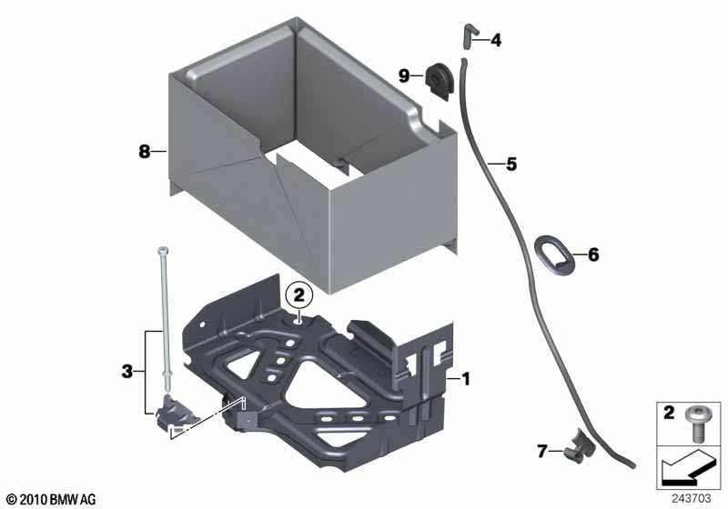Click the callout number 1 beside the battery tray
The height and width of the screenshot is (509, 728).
pyautogui.click(x=466, y=379)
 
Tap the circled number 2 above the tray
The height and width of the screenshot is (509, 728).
pyautogui.click(x=298, y=294)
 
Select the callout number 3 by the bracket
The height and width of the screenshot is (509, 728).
pyautogui.click(x=126, y=372)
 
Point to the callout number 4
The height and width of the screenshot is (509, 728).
pyautogui.click(x=496, y=40)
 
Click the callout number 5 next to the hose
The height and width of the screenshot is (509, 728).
pyautogui.click(x=511, y=164)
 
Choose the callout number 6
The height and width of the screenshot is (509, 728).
pyautogui.click(x=593, y=254)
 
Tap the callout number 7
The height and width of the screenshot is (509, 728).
pyautogui.click(x=542, y=451)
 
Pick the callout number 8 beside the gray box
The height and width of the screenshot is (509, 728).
pyautogui.click(x=145, y=151)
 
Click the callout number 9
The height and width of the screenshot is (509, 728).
pyautogui.click(x=404, y=75)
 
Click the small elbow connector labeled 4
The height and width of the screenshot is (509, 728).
pyautogui.click(x=468, y=35)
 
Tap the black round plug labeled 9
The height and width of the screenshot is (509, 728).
pyautogui.click(x=439, y=80)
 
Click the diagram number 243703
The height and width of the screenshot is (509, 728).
pyautogui.click(x=692, y=498)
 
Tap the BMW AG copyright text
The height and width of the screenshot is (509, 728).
pyautogui.click(x=52, y=499)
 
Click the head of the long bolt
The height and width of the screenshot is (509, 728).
pyautogui.click(x=163, y=251)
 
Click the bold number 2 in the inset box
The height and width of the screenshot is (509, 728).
pyautogui.click(x=669, y=412)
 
